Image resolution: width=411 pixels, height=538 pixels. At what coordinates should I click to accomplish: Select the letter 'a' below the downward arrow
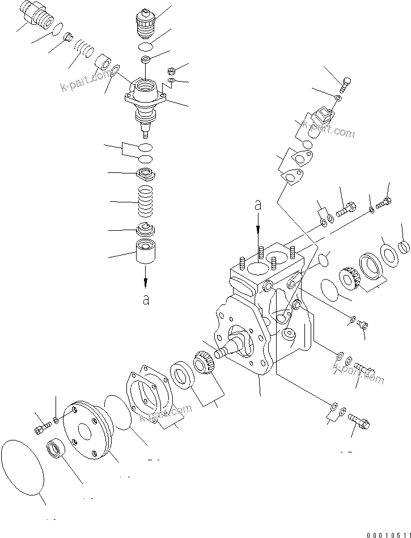(146, 299)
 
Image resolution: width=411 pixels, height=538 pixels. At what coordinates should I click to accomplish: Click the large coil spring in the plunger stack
(146, 201)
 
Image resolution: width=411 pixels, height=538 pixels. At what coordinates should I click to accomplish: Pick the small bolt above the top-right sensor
(345, 86)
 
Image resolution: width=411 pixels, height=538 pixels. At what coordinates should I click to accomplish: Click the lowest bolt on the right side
(358, 420)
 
